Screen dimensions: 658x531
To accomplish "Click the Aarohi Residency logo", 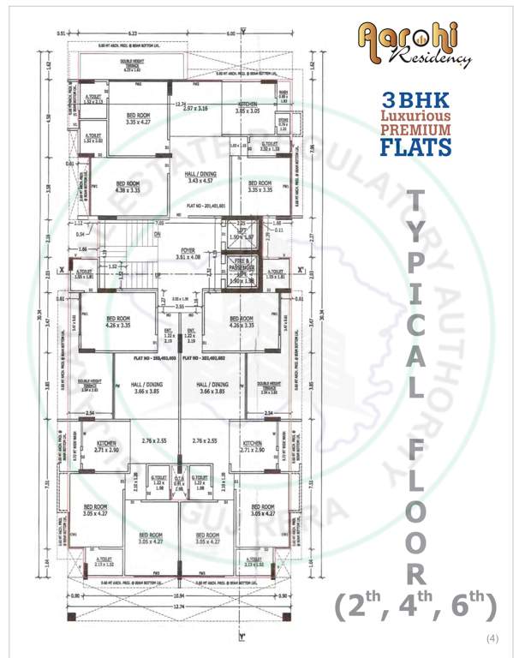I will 415,45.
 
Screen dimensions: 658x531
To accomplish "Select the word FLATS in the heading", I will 416,147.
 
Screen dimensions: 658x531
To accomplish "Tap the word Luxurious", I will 416,115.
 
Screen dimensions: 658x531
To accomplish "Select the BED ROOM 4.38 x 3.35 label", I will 128,187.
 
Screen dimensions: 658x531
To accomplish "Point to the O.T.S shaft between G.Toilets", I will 179,484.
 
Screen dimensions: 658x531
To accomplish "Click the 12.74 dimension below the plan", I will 178,607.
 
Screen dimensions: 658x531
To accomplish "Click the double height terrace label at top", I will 132,63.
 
